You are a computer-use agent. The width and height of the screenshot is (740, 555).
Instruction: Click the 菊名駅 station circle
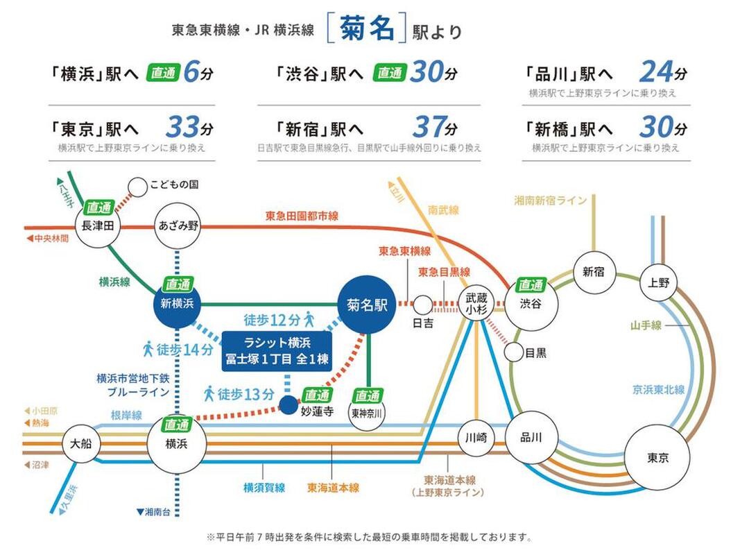point(367,305)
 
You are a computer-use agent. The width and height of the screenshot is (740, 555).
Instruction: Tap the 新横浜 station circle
point(177,303)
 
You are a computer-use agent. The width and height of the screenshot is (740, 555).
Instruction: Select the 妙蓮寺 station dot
point(289,405)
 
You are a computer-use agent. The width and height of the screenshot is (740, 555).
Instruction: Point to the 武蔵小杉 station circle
point(476,303)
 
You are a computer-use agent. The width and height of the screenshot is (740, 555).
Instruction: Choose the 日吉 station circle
point(423,305)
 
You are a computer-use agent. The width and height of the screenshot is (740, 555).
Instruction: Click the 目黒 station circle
point(513,352)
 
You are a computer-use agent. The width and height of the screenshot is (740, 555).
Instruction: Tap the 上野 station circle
point(658,282)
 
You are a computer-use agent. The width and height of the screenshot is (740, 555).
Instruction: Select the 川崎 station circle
point(476,438)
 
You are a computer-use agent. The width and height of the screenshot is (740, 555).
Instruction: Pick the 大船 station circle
point(80,443)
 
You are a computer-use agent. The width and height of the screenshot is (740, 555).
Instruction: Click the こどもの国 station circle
point(138,187)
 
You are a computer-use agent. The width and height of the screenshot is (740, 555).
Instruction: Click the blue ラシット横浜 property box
point(277,352)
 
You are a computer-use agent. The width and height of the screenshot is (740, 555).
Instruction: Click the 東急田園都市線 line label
point(302,216)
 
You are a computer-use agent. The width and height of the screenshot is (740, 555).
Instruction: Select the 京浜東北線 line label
point(658,390)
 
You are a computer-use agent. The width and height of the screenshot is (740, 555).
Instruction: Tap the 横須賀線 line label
point(264,488)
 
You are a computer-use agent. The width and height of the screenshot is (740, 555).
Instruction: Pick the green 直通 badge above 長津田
point(99,207)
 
